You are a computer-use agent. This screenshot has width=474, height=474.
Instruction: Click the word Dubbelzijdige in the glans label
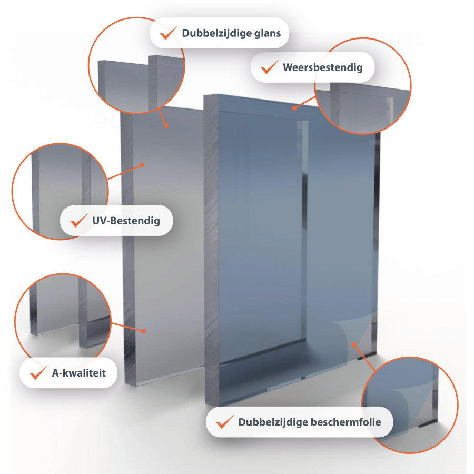pyautogui.click(x=216, y=33)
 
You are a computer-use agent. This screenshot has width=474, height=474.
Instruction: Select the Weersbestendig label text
pyautogui.click(x=323, y=67)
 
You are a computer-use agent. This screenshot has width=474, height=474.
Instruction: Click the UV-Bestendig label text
pyautogui.click(x=126, y=221)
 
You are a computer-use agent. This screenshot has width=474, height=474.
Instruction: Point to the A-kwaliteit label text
pyautogui.click(x=79, y=373)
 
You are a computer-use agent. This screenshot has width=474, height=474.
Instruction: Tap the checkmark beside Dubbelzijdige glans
pyautogui.click(x=169, y=33)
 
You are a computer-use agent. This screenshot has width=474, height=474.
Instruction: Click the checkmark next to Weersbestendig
pyautogui.click(x=270, y=67)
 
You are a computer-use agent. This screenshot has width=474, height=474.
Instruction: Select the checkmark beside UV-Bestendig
pyautogui.click(x=79, y=220)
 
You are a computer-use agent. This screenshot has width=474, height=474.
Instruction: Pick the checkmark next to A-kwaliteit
pyautogui.click(x=38, y=372)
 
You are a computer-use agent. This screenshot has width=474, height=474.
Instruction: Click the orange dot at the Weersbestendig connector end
pyautogui.click(x=294, y=108)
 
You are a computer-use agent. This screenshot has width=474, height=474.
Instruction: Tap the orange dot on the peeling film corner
pyautogui.click(x=353, y=344)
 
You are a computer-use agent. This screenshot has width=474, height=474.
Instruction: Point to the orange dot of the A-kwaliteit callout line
pyautogui.click(x=144, y=331)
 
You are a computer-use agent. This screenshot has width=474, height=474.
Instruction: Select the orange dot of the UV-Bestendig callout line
pyautogui.click(x=142, y=165)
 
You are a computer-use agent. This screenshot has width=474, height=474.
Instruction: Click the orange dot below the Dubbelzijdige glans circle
pyautogui.click(x=166, y=125)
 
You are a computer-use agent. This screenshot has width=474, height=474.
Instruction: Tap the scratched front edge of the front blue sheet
pyautogui.click(x=211, y=248)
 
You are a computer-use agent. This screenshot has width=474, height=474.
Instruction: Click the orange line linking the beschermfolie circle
pyautogui.click(x=364, y=358)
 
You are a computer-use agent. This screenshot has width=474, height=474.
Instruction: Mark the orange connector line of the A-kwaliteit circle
pyautogui.click(x=127, y=327)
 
